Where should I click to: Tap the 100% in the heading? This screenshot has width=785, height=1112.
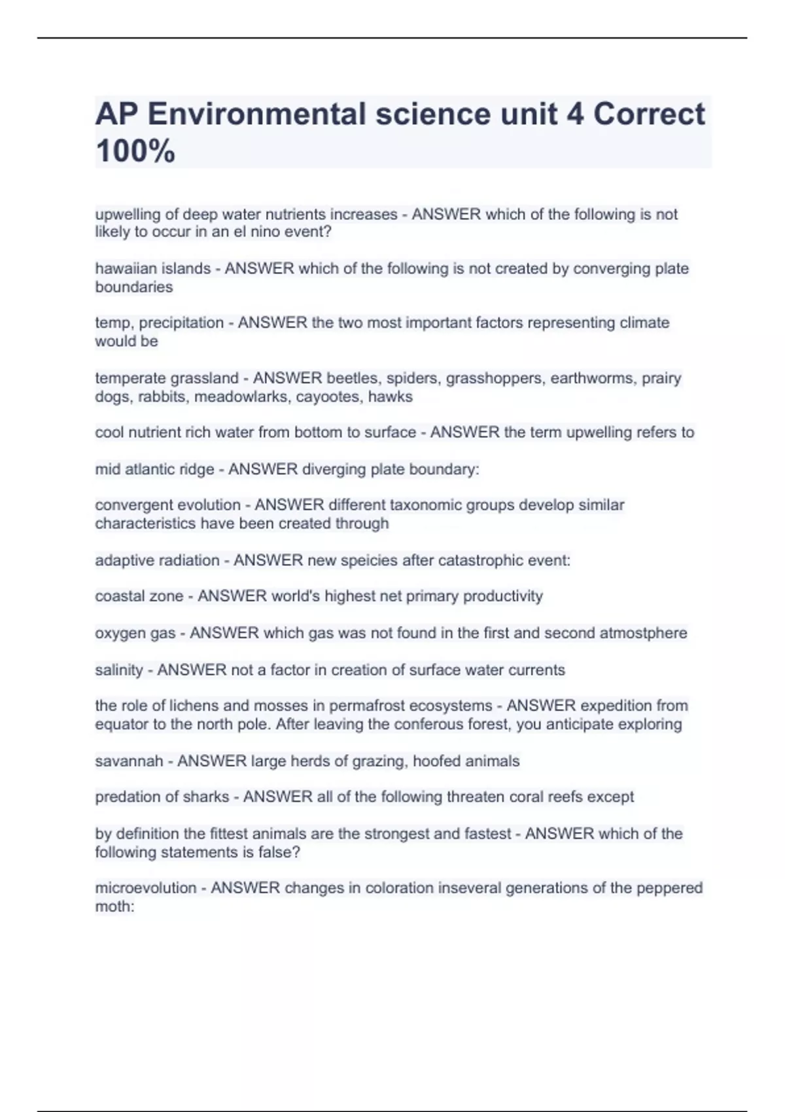pyautogui.click(x=135, y=151)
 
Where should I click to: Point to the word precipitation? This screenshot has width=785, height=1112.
pyautogui.click(x=181, y=323)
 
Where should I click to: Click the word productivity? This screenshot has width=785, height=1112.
pyautogui.click(x=503, y=596)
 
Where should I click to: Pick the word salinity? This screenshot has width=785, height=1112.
pyautogui.click(x=118, y=670)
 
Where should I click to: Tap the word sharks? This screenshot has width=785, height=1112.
pyautogui.click(x=207, y=797)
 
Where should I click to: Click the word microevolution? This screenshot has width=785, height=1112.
pyautogui.click(x=146, y=888)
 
